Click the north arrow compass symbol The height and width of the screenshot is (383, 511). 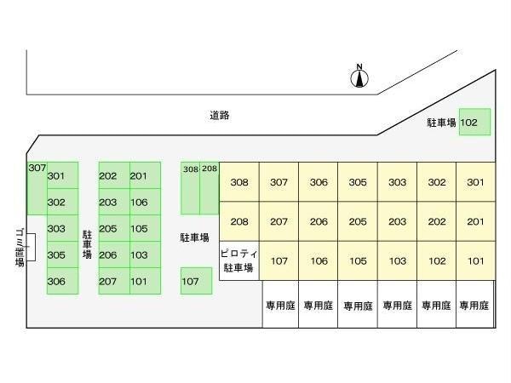coord(359,77)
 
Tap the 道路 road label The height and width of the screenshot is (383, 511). coord(220,115)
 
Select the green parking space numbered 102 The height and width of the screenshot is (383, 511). coord(474,123)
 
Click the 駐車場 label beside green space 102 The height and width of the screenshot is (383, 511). coord(441,123)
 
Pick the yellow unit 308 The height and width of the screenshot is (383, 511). coord(239,182)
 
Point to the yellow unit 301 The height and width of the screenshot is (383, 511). coord(475,182)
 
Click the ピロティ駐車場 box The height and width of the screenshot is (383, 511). coord(238,261)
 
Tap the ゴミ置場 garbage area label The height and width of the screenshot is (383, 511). coord(20,247)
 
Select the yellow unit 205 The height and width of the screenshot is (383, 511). coord(358,222)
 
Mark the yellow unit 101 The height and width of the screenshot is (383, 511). coord(475,261)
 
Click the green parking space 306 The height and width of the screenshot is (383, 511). coord(57,282)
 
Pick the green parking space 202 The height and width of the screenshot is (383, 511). coord(108,176)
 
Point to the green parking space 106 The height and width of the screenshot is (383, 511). coord(139,203)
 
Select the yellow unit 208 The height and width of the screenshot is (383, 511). coord(239,222)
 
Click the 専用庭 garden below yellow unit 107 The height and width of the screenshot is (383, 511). coord(279,305)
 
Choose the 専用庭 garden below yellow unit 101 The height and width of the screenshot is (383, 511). coord(475,305)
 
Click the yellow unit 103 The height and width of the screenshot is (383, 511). coord(397,261)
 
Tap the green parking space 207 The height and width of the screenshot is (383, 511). coord(108,282)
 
